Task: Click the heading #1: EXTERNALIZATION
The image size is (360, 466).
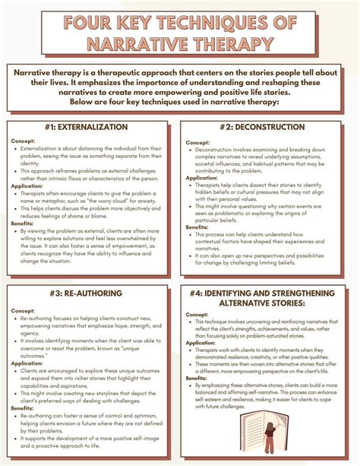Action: (92, 128)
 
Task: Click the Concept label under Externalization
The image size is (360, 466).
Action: (24, 141)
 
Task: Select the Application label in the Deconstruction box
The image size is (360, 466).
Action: (201, 178)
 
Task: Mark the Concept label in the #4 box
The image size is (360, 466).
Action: (197, 314)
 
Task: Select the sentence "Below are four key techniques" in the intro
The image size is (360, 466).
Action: (179, 101)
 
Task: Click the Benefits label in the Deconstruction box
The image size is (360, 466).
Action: (198, 227)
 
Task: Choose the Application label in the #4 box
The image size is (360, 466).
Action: (201, 343)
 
